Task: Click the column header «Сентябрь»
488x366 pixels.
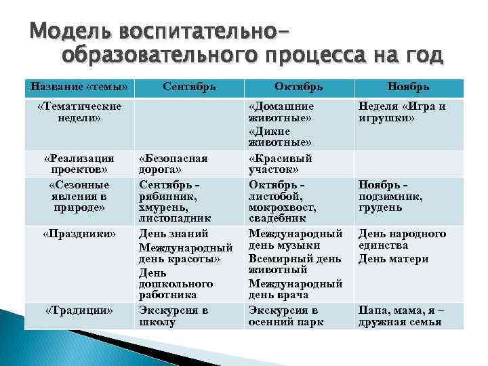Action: pyautogui.click(x=190, y=87)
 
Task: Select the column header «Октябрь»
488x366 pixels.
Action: pyautogui.click(x=298, y=87)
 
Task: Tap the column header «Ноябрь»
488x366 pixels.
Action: pyautogui.click(x=408, y=87)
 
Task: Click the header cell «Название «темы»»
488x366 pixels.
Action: pyautogui.click(x=79, y=87)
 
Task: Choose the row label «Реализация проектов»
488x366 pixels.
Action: pyautogui.click(x=79, y=163)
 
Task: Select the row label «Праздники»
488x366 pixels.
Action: pyautogui.click(x=79, y=234)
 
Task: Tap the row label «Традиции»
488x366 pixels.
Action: pyautogui.click(x=79, y=310)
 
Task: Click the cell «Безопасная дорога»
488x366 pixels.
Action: pyautogui.click(x=174, y=163)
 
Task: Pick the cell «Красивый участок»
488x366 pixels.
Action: pyautogui.click(x=281, y=163)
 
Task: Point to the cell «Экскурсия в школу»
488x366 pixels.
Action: pyautogui.click(x=174, y=316)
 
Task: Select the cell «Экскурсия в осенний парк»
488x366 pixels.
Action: pyautogui.click(x=286, y=316)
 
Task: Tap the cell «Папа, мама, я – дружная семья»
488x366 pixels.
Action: pyautogui.click(x=401, y=316)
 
